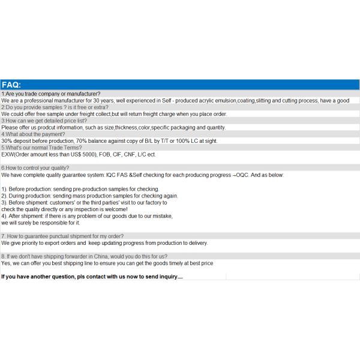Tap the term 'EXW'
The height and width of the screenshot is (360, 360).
click(x=7, y=154)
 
